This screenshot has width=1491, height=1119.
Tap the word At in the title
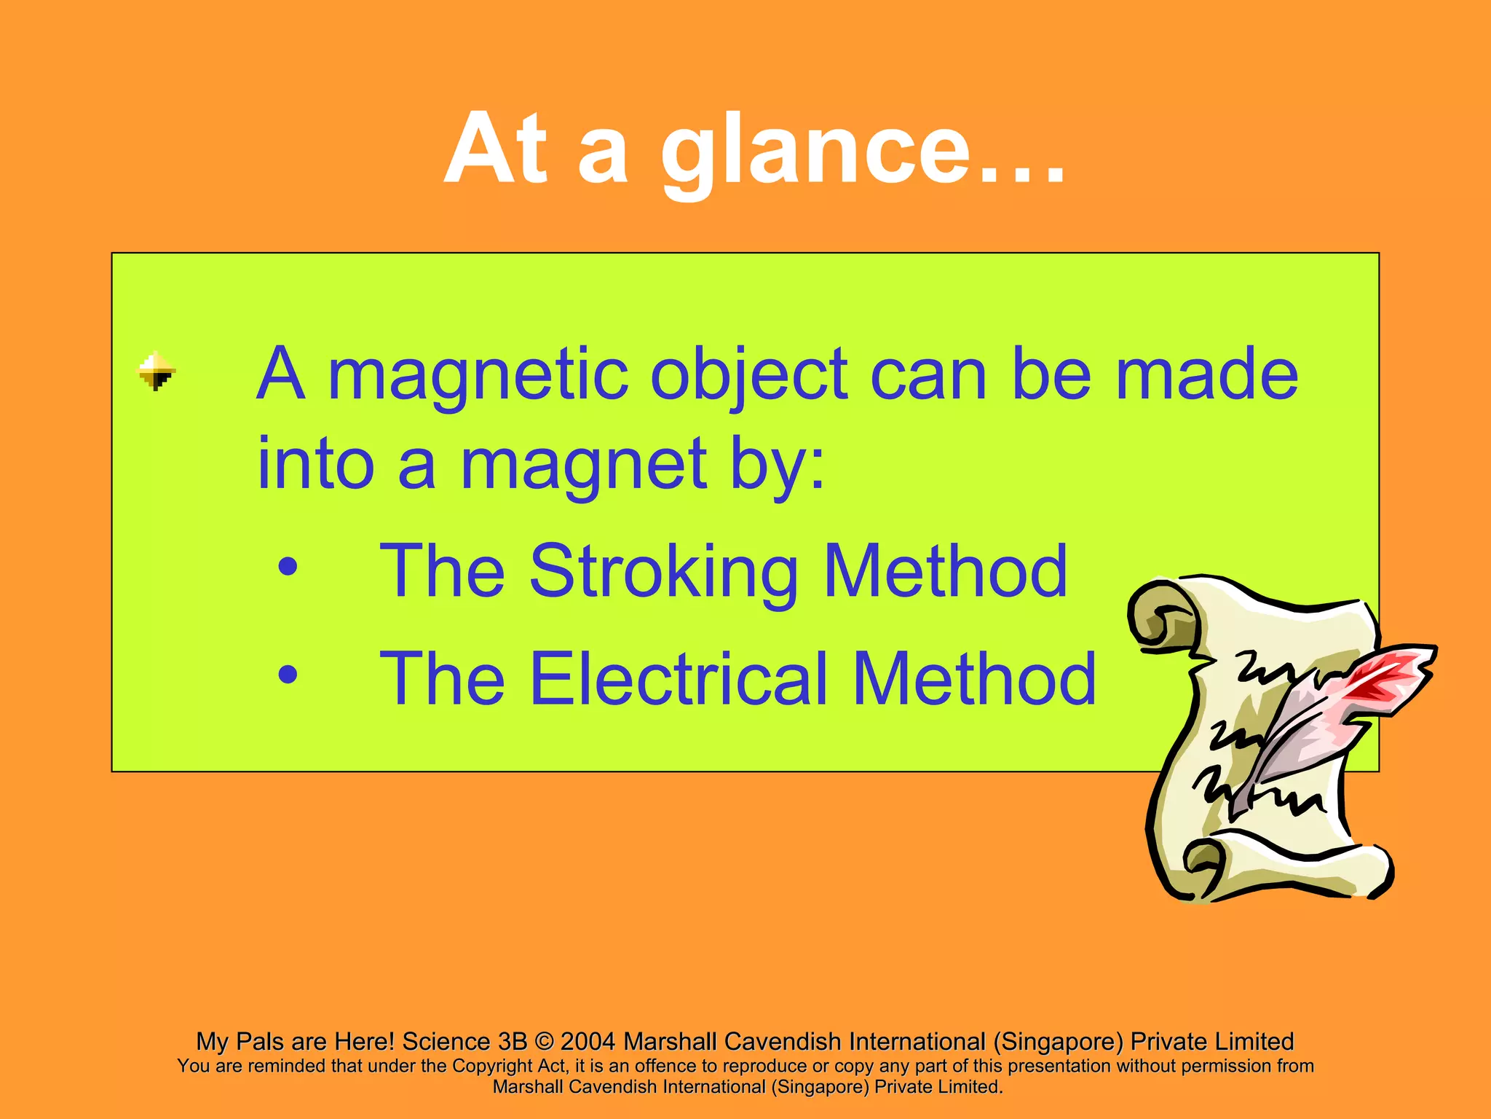495,149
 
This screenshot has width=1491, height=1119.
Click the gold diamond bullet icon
157,372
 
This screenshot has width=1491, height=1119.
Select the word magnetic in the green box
478,375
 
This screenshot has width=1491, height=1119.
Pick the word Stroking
663,573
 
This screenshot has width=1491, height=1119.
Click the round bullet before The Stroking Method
288,568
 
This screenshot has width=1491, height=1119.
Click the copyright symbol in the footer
543,1042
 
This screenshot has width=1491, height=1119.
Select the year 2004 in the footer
588,1042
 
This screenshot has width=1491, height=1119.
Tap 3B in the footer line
513,1042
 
